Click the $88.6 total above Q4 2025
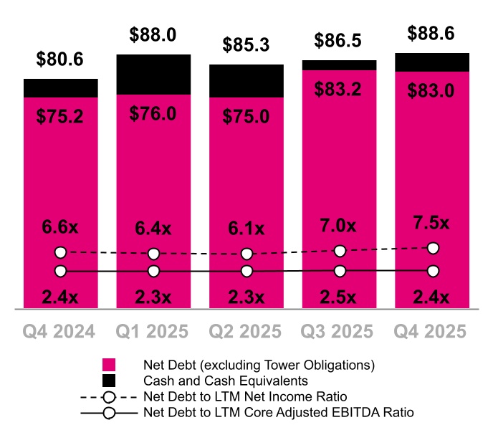tap(433, 33)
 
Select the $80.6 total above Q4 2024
tap(61, 60)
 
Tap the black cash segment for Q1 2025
tap(153, 75)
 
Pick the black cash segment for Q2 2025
tap(247, 80)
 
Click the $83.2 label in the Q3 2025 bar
tap(340, 89)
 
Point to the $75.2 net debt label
tap(61, 115)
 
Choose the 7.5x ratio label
tap(433, 223)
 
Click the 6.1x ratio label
tap(247, 229)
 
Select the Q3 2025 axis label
tap(340, 332)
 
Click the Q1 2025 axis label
tap(153, 332)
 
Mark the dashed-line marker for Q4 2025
tap(433, 248)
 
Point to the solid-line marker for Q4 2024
tap(61, 271)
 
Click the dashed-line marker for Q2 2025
tap(247, 254)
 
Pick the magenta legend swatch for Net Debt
tap(109, 365)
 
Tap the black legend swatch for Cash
tap(109, 381)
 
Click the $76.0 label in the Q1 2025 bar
tap(153, 115)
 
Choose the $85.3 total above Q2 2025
tap(247, 46)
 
